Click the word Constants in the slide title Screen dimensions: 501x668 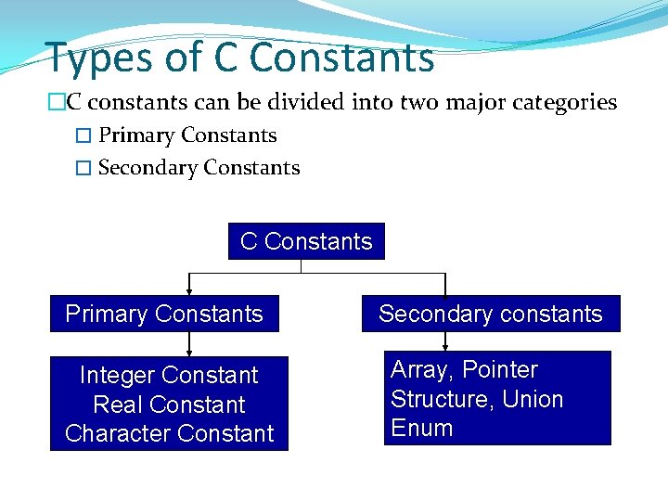341,58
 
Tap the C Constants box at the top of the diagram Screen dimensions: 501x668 306,241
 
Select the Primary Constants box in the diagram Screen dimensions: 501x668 164,314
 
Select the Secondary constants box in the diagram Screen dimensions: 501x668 490,314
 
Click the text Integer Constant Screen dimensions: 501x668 169,375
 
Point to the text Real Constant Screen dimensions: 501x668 169,405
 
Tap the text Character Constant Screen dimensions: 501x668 169,433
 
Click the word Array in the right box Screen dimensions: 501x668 422,370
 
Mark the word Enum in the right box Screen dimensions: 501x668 421,428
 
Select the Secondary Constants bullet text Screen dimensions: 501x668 199,168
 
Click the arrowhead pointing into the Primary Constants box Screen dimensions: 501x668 189,290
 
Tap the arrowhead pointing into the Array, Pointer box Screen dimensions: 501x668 445,346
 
